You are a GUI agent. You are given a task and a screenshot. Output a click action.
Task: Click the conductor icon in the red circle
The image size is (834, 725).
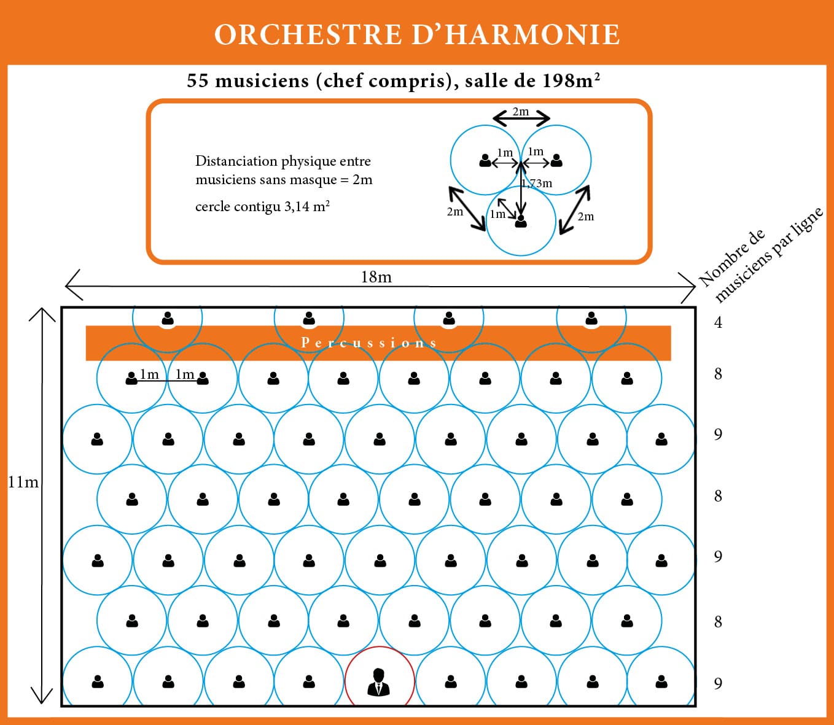(x=379, y=681)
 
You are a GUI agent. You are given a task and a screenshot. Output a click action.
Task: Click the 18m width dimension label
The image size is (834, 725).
(x=376, y=277)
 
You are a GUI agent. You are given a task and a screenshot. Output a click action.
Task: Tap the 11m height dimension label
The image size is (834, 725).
(x=23, y=483)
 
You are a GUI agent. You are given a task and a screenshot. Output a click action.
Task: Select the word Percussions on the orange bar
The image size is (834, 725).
(x=369, y=343)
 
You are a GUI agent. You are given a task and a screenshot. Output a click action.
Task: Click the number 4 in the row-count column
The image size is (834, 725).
(x=718, y=322)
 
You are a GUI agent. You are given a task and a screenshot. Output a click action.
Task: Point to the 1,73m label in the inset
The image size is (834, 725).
(x=537, y=183)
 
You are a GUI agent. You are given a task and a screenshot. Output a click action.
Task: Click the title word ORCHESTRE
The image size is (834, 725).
(x=307, y=34)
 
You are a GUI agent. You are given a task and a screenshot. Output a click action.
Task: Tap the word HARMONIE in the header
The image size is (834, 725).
(x=532, y=34)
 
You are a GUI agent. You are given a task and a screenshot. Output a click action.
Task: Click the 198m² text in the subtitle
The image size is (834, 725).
(x=571, y=80)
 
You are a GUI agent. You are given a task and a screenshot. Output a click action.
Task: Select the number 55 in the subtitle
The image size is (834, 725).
(x=198, y=80)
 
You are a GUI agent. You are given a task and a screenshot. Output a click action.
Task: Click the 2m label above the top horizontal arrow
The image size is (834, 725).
(x=520, y=111)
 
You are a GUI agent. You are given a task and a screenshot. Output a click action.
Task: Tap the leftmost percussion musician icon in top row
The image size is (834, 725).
(x=168, y=319)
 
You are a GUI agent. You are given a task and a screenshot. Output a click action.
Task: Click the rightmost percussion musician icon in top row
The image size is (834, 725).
(x=591, y=319)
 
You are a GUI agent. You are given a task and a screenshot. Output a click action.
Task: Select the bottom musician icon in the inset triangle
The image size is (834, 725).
(x=521, y=220)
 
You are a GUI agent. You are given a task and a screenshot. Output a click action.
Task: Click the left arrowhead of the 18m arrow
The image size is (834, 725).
(x=69, y=286)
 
